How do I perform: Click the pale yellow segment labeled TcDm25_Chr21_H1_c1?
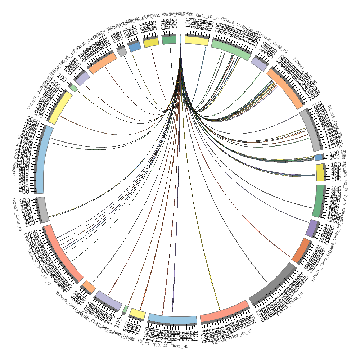[x=197, y=40]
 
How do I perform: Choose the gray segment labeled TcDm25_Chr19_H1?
[x=42, y=209]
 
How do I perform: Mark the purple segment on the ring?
[x=312, y=228]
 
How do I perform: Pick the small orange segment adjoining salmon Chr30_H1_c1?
[x=89, y=287]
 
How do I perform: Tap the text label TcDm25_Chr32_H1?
[x=171, y=346]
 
